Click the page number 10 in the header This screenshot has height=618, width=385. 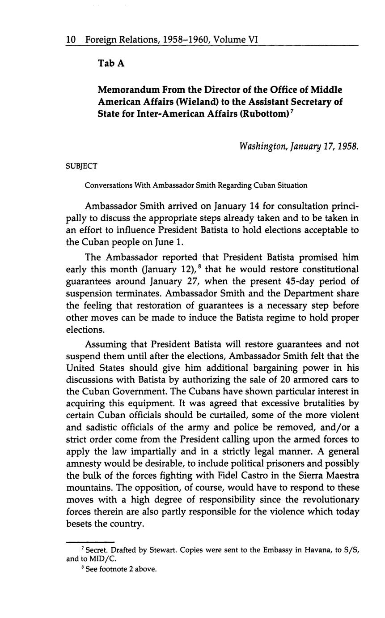click(x=71, y=40)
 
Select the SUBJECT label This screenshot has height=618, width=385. click(x=81, y=166)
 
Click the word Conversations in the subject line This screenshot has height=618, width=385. click(x=106, y=185)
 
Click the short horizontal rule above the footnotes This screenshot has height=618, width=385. click(x=90, y=542)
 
